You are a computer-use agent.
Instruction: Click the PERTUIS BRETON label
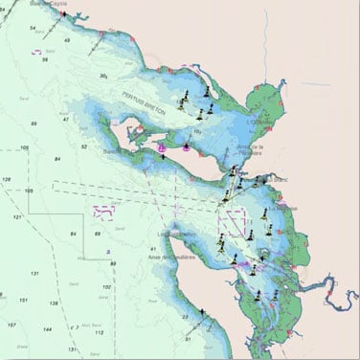(144, 102)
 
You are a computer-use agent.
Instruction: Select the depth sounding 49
(67, 41)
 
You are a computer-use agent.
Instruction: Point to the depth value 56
(46, 59)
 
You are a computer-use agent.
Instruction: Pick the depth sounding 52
(84, 146)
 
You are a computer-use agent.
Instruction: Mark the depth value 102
(106, 287)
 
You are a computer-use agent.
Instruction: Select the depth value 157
(11, 326)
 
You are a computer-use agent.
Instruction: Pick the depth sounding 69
(98, 233)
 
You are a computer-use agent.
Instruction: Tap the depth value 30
(102, 76)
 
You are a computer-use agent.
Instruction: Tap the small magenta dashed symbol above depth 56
(45, 51)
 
